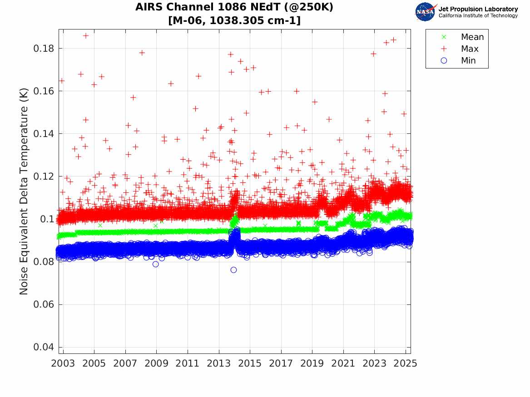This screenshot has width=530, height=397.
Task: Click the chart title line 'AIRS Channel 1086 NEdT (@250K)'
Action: tap(234, 8)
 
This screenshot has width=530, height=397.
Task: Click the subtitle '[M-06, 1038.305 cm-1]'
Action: tap(234, 20)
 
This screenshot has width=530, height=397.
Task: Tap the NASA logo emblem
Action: tap(426, 12)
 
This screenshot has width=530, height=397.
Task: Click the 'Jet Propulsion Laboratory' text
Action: tap(478, 9)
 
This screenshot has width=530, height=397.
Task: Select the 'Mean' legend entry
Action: tap(472, 37)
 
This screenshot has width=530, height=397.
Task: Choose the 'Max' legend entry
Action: tap(469, 49)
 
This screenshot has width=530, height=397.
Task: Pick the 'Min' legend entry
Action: tap(468, 61)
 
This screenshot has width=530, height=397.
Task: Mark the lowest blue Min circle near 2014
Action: tap(233, 270)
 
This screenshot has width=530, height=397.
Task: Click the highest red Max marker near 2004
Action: tap(85, 35)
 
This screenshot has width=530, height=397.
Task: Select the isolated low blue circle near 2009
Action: tap(156, 264)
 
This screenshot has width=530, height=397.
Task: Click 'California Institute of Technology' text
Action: tap(478, 16)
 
